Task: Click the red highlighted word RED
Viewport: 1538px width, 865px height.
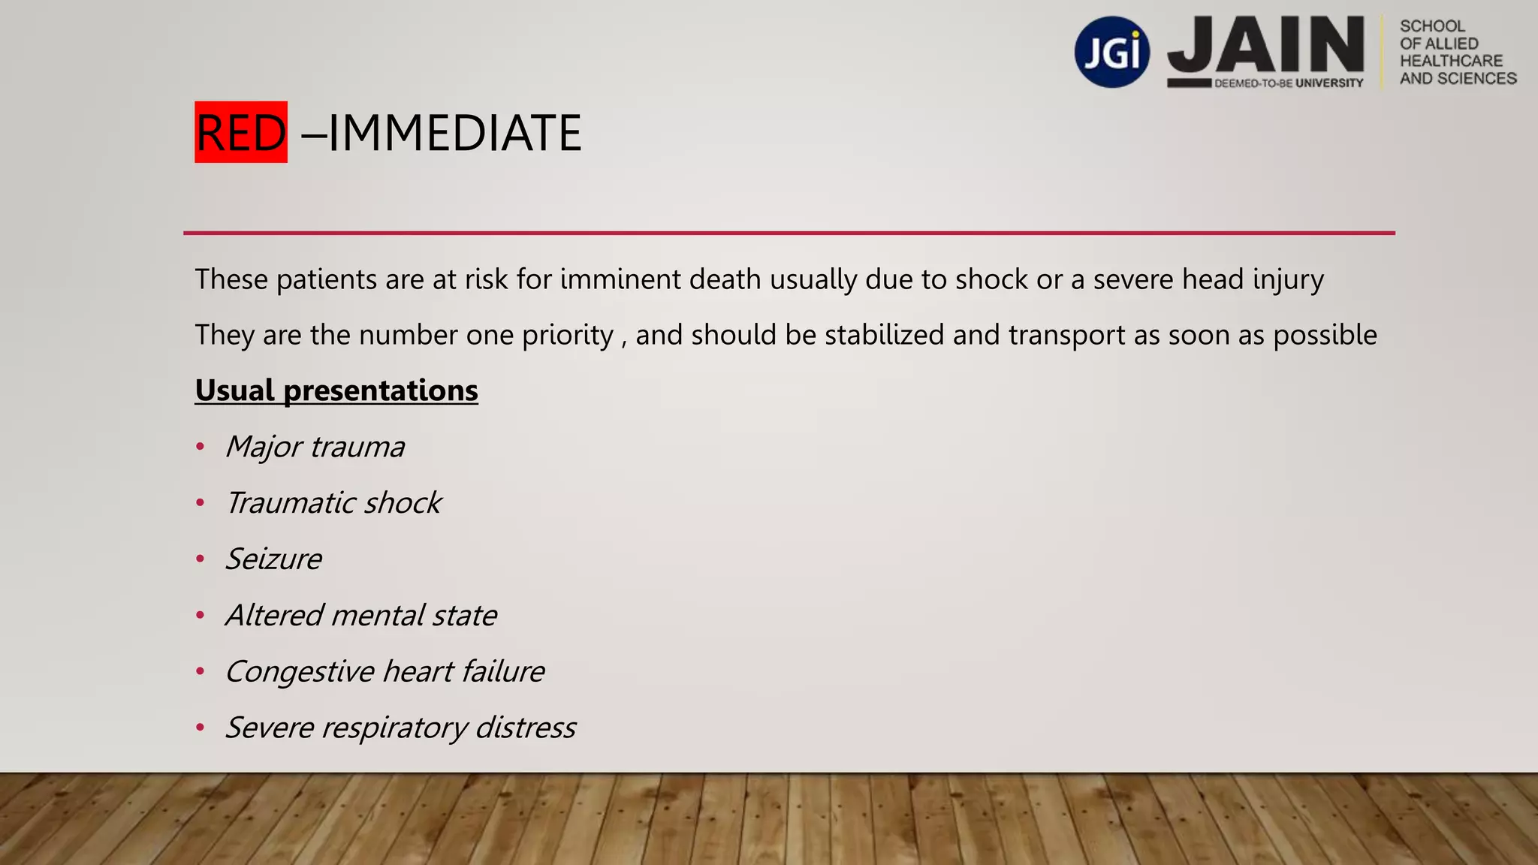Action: click(x=241, y=133)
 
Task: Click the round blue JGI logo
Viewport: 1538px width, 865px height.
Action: click(x=1111, y=53)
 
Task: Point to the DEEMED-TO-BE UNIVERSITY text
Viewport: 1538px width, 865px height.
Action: click(x=1289, y=83)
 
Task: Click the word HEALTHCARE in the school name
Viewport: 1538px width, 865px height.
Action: click(x=1451, y=61)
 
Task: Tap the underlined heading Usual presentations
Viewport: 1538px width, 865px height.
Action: click(x=336, y=390)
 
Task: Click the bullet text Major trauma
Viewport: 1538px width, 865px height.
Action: click(x=315, y=447)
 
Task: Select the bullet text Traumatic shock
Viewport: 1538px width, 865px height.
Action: click(x=334, y=503)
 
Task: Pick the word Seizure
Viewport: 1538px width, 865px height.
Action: click(x=274, y=559)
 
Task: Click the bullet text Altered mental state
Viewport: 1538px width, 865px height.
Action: click(x=361, y=616)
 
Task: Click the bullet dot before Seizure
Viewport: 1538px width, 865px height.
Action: click(x=200, y=559)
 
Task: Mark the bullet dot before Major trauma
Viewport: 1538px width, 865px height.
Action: click(x=200, y=448)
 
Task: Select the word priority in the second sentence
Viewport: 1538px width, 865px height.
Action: click(x=568, y=336)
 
